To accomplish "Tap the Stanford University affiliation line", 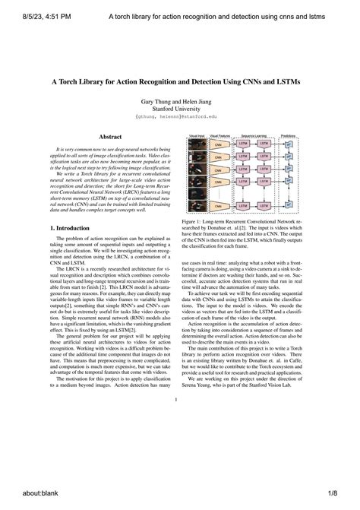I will (x=179, y=109).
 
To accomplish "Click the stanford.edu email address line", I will (x=179, y=118).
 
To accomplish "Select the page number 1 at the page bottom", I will (x=175, y=401).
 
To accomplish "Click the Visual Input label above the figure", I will (x=197, y=134).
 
